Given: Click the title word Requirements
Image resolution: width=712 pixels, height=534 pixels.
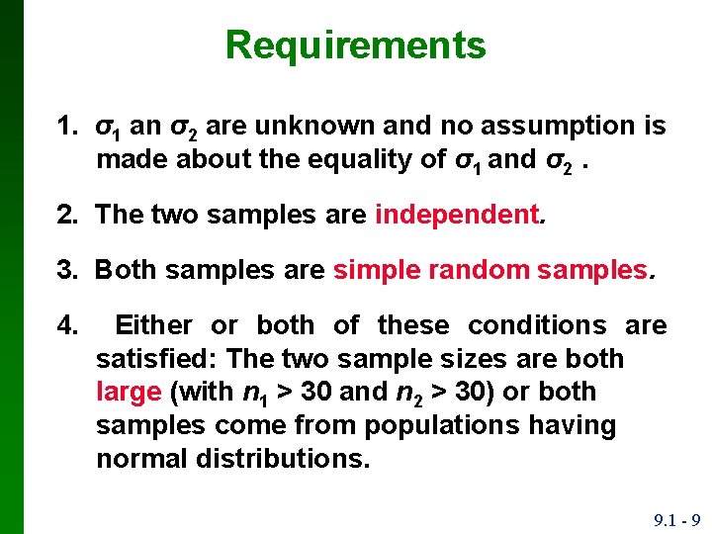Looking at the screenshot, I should [x=356, y=45].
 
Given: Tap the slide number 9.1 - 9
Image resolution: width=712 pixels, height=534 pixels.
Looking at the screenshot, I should [x=676, y=520].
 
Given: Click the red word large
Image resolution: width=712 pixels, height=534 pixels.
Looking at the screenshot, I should [x=129, y=392].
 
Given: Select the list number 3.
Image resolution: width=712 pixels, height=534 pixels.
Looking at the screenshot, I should [x=66, y=270].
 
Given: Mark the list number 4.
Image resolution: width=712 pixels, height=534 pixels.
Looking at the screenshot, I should [x=66, y=324].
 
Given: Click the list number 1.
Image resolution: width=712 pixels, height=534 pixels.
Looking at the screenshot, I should [x=66, y=126].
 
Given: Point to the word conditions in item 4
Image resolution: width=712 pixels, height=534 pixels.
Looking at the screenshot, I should [x=540, y=324].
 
